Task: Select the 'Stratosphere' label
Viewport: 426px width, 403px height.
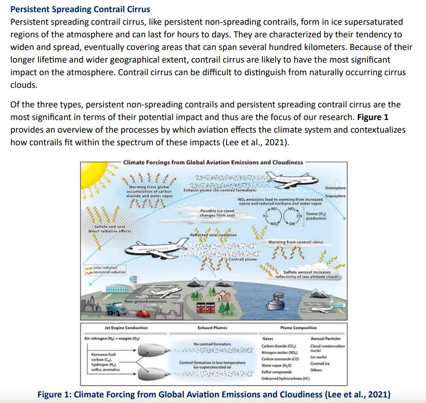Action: pos(335,188)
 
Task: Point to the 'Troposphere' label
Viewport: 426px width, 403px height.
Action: pos(335,196)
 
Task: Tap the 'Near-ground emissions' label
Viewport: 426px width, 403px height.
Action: pos(145,301)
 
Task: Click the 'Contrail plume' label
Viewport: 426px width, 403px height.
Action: pos(242,259)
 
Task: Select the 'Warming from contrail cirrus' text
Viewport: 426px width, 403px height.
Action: pos(296,242)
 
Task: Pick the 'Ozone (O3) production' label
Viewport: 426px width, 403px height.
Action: pos(316,216)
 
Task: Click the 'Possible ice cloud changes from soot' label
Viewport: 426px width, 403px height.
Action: pos(217,213)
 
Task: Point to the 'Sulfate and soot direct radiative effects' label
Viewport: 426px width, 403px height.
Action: pos(110,228)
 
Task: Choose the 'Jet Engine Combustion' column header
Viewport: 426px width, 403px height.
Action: pos(126,328)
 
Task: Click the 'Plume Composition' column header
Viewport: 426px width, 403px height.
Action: pos(298,328)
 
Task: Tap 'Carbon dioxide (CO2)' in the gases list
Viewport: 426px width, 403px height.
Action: pos(280,346)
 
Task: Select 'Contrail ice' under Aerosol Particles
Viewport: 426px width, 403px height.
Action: pos(320,363)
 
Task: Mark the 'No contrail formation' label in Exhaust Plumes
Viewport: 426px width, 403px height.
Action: pos(212,344)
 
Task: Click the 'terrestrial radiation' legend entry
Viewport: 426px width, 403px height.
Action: pos(109,272)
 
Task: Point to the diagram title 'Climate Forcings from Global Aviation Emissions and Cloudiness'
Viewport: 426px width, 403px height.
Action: pos(213,162)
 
